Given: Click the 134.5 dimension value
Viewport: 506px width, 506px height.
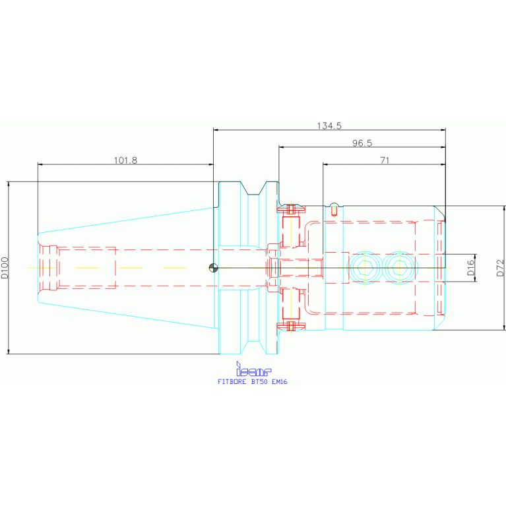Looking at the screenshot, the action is [329, 125].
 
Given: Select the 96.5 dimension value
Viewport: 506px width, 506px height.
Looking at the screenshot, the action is [362, 143].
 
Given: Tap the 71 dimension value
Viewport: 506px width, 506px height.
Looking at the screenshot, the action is [385, 160].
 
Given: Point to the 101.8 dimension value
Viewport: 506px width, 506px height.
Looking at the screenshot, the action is [125, 160].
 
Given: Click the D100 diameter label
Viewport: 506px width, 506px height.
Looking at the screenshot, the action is [5, 268].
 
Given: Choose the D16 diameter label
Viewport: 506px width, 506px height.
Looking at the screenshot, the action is [471, 268].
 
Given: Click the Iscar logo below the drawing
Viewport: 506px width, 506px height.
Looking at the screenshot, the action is [253, 369].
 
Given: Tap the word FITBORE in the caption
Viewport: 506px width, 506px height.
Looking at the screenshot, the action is [232, 382].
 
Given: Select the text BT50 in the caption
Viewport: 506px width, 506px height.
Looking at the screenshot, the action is [259, 382].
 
